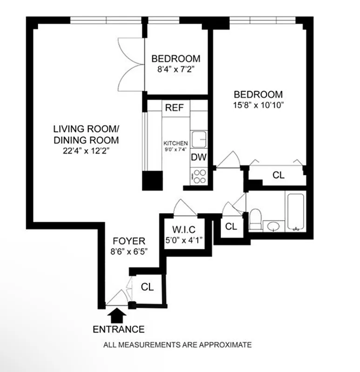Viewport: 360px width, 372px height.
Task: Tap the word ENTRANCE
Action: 119,329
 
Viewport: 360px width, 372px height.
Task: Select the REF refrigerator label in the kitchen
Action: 174,108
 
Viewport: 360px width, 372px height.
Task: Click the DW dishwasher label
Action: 199,157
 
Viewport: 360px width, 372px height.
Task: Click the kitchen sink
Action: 200,138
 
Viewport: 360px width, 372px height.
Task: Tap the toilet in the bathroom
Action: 255,219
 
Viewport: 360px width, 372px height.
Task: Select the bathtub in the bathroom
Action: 296,212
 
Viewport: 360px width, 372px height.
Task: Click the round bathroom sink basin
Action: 272,227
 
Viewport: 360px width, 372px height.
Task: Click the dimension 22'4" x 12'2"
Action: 86,150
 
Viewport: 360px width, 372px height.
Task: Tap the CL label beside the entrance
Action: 147,287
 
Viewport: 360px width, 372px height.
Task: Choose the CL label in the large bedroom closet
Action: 278,175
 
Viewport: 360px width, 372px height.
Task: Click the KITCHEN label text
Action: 175,143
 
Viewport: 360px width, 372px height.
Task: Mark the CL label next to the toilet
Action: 231,226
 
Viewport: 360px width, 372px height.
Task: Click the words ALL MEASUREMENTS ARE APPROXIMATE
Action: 178,345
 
